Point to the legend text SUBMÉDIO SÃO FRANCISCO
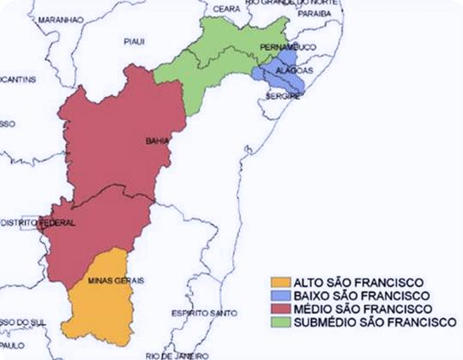click(371, 322)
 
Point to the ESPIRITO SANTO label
click(203, 314)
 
